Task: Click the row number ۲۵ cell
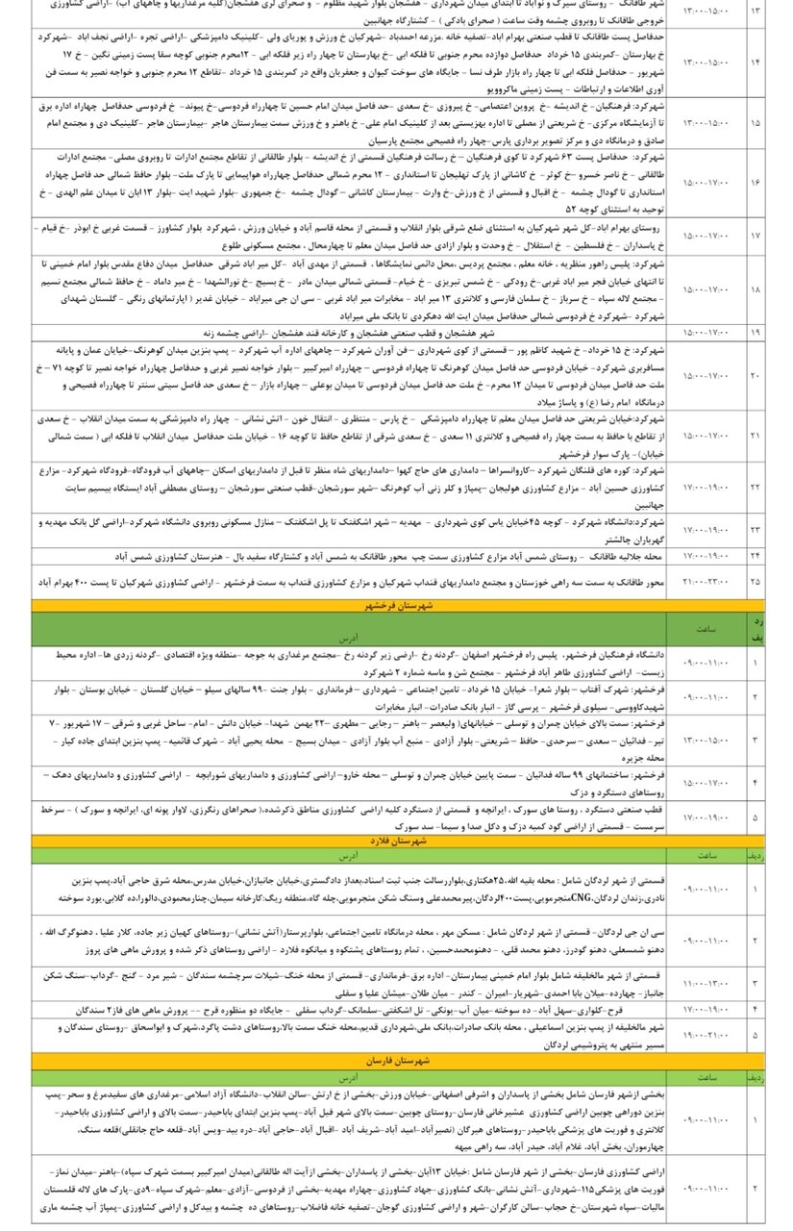755,583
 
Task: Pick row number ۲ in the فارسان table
755,1188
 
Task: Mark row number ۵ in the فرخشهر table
755,817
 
